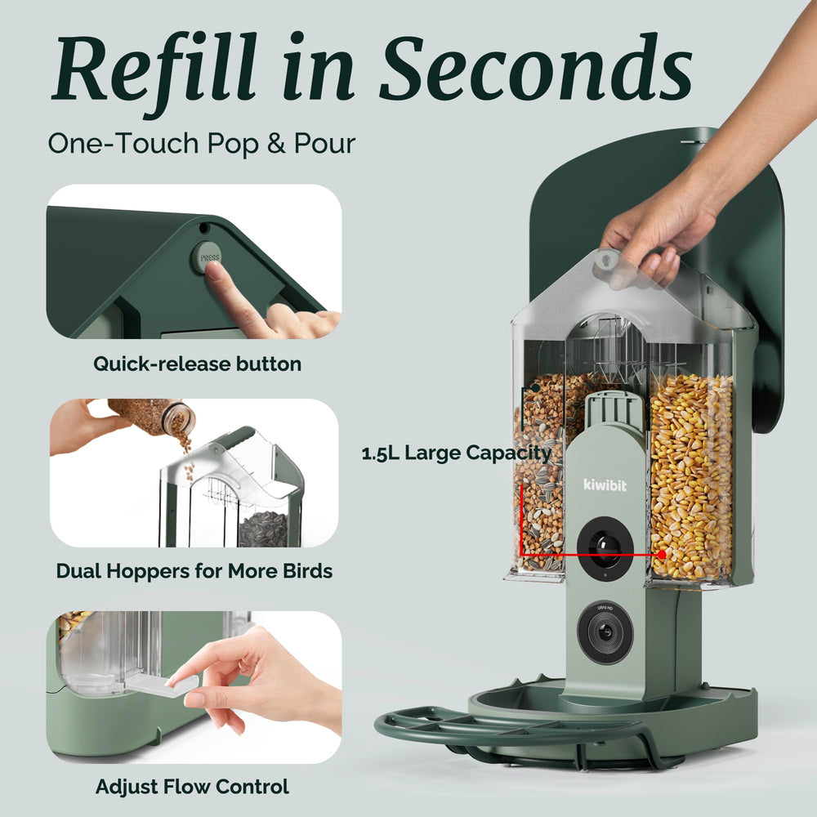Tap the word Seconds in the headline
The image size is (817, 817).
click(x=536, y=68)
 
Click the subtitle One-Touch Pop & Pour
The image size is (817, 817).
click(x=202, y=143)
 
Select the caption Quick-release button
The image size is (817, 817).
click(x=198, y=364)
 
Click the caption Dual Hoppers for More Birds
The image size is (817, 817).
click(x=194, y=571)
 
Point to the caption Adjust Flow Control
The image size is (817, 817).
click(x=192, y=786)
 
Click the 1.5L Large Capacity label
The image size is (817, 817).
click(x=457, y=453)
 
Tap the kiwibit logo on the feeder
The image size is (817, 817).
click(x=605, y=485)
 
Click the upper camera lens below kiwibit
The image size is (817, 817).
click(x=605, y=547)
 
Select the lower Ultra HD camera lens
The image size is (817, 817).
click(x=605, y=632)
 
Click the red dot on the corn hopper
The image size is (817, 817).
click(x=662, y=555)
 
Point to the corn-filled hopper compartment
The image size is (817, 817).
click(x=692, y=477)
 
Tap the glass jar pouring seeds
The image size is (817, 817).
click(x=152, y=417)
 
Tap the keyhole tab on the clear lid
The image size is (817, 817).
click(x=606, y=261)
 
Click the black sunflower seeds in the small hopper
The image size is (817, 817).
click(x=263, y=529)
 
